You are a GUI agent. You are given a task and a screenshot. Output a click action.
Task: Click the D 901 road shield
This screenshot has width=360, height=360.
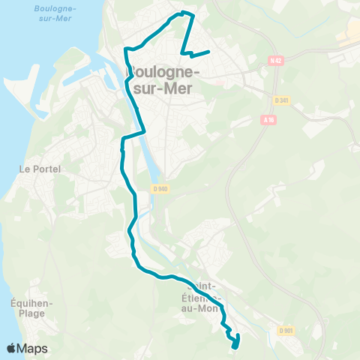[285, 330]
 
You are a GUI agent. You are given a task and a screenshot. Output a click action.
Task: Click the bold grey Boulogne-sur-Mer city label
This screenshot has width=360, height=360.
[164, 79]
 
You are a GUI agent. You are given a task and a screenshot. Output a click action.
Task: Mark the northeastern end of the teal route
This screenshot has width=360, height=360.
[208, 51]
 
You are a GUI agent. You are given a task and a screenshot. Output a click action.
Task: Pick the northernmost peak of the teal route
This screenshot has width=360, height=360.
[184, 12]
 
